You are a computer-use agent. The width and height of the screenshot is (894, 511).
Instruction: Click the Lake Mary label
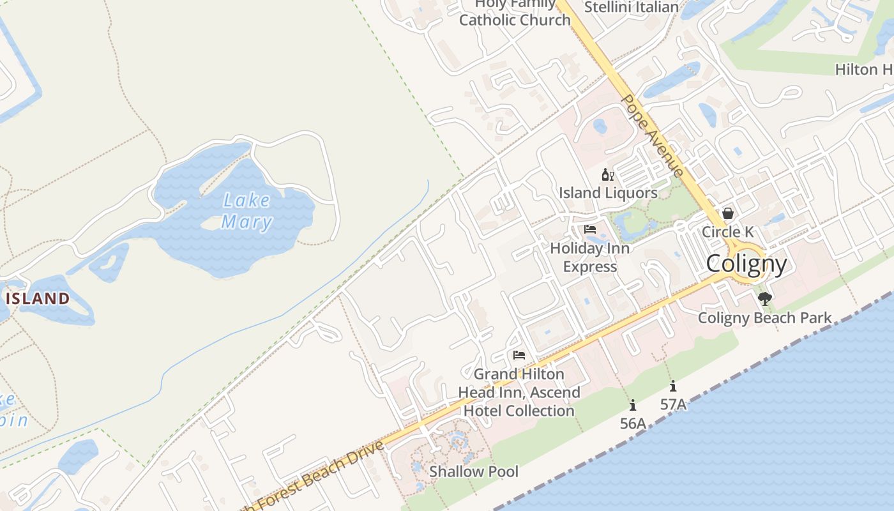point(247,211)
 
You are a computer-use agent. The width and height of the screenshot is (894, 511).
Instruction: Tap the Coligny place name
point(746,263)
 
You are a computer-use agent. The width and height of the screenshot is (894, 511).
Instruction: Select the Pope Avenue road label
point(652,135)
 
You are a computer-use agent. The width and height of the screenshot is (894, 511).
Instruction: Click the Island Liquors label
point(608,193)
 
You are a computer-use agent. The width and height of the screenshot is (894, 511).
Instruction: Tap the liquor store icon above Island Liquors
point(607,174)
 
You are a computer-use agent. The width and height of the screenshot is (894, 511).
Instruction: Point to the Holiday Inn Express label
point(590,257)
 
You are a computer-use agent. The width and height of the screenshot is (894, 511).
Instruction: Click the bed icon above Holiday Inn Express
point(590,229)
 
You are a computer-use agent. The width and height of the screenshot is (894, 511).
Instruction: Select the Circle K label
point(727,232)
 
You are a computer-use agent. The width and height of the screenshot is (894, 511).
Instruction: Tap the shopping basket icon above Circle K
point(727,213)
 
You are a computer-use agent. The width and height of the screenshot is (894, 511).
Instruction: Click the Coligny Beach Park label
point(764,318)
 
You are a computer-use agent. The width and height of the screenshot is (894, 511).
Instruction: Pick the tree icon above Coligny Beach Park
point(764,299)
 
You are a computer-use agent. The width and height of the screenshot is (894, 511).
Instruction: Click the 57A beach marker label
point(673,404)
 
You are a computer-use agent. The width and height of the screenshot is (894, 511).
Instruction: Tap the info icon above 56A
point(633,405)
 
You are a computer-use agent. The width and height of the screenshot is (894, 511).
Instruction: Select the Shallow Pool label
point(473,471)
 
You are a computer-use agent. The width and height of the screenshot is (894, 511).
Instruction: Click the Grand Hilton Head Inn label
point(519,392)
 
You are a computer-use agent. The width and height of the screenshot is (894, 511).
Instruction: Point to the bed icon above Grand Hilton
point(519,355)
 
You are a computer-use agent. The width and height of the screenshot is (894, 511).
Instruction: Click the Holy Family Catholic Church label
point(515,13)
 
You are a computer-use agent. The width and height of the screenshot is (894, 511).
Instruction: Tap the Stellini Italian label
point(631,7)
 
